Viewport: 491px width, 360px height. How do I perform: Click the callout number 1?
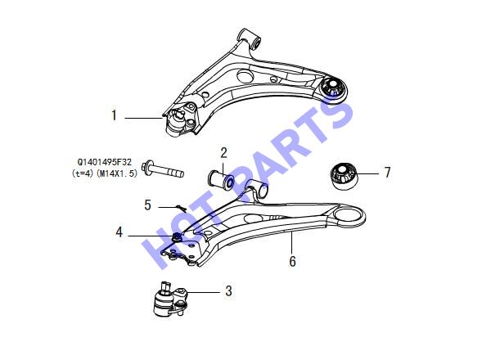115,115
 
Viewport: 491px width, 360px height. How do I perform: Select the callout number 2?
223,153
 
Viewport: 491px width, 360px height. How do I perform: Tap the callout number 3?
228,290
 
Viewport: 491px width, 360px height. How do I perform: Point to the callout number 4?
119,232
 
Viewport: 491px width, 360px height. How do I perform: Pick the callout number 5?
147,205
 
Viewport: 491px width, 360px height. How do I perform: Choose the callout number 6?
292,261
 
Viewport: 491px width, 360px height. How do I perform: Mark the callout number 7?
388,173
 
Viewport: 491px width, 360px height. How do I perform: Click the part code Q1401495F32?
105,162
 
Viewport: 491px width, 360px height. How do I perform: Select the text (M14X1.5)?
117,173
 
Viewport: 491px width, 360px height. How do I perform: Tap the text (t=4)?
83,173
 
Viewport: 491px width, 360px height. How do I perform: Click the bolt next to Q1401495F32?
163,169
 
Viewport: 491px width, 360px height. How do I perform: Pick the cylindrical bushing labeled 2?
221,180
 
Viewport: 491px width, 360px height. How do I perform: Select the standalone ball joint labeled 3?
170,299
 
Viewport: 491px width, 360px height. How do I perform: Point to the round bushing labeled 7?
344,176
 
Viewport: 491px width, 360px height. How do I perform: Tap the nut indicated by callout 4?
177,237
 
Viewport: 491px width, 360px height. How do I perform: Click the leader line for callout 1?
143,118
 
